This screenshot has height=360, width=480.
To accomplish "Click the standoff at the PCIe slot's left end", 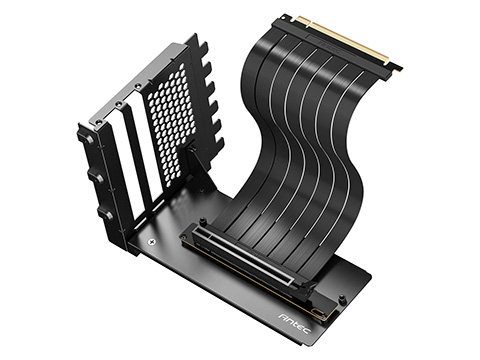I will pyautogui.click(x=202, y=223).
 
